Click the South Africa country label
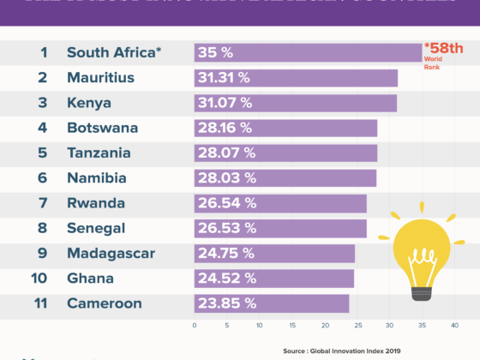[x=114, y=53]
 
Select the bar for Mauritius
[x=296, y=78]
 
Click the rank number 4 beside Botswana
[x=43, y=129]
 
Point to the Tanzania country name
[x=99, y=153]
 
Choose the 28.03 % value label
[x=226, y=178]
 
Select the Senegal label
[x=96, y=228]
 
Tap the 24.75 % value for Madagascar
[x=225, y=253]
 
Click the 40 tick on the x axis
[x=454, y=326]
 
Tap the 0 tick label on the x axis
[x=195, y=326]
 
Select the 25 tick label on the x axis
[x=357, y=326]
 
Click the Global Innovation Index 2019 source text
[x=378, y=351]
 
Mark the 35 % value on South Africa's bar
[x=215, y=53]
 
